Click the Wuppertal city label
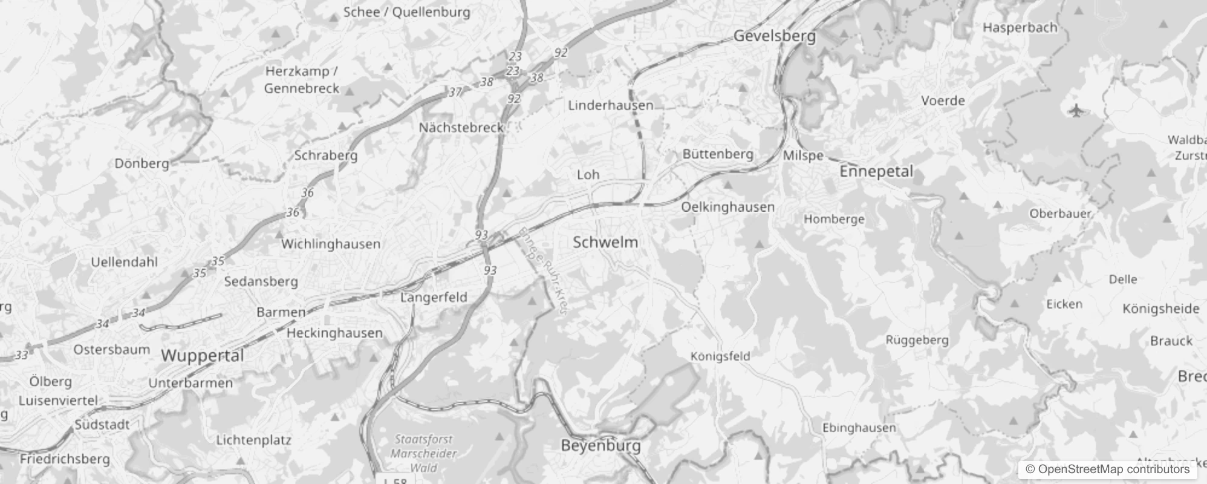[202, 355]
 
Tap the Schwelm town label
[605, 242]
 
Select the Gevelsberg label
[774, 36]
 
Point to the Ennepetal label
[876, 171]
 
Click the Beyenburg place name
[600, 446]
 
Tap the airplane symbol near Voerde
[1076, 111]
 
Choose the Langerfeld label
[434, 297]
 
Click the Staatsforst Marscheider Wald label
[424, 453]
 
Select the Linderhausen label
[610, 105]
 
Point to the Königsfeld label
[720, 356]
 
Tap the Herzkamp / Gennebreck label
[301, 80]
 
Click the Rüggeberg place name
[917, 340]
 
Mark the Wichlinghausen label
[331, 244]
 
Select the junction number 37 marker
[455, 92]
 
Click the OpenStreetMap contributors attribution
[1107, 469]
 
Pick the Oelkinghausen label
[727, 207]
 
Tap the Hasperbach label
[1020, 27]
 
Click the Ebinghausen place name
[859, 428]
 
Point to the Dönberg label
[142, 163]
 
